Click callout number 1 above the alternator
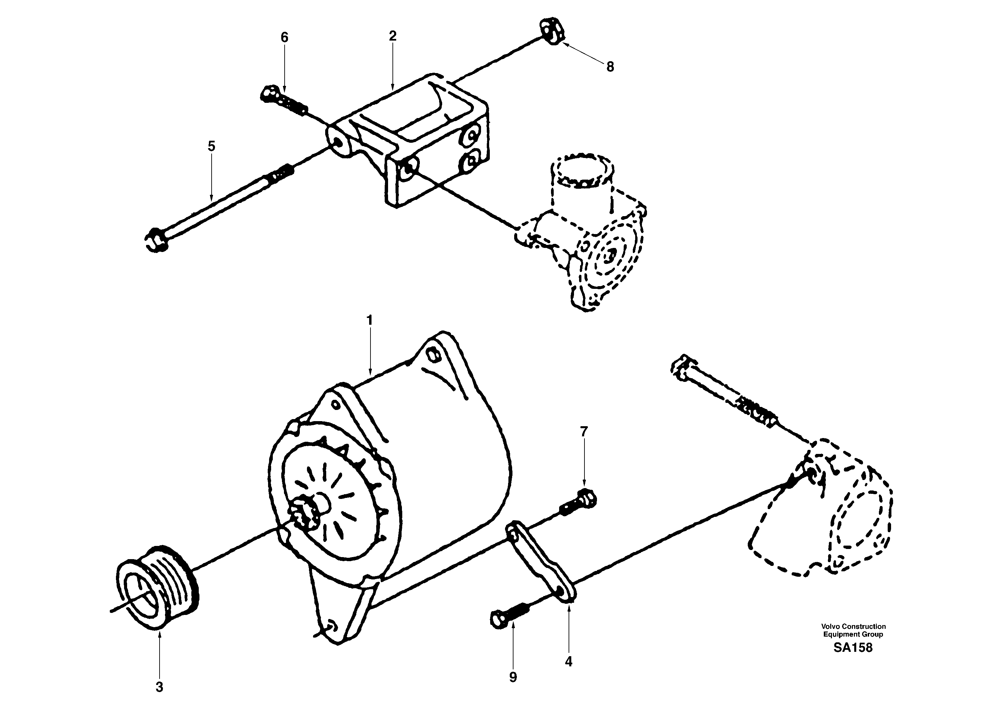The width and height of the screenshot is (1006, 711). point(369,320)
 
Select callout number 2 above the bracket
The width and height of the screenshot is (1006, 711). point(392,36)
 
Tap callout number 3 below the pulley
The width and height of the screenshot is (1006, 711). point(160,687)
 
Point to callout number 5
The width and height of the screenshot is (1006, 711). point(212,146)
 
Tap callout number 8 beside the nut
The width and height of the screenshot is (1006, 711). point(610,67)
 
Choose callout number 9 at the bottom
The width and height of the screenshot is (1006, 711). point(513,677)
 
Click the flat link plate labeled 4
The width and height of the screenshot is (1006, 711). point(542,560)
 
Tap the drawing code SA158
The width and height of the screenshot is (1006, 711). point(853,648)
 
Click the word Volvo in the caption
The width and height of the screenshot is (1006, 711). point(830,626)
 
